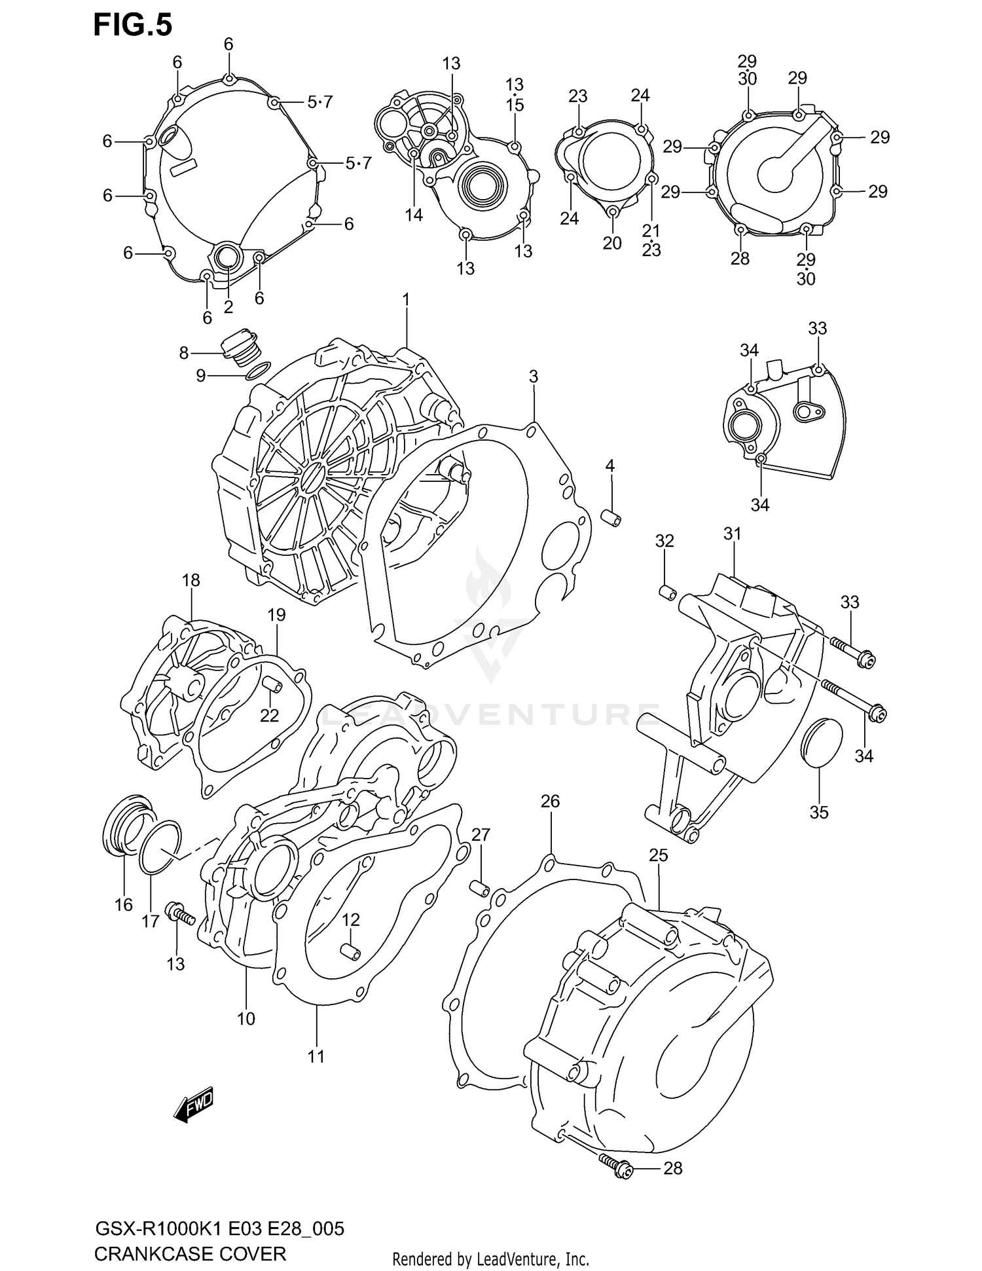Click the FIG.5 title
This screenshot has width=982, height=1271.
pyautogui.click(x=133, y=25)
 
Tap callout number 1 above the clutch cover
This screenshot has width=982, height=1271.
pyautogui.click(x=405, y=300)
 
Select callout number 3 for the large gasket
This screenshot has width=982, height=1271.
pyautogui.click(x=534, y=377)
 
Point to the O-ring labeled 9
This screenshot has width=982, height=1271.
pyautogui.click(x=257, y=371)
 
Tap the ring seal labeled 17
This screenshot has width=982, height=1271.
pyautogui.click(x=160, y=847)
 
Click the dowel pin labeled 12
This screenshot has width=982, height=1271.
pyautogui.click(x=350, y=951)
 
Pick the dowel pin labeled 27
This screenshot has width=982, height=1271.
pyautogui.click(x=480, y=889)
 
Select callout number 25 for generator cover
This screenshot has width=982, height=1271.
pyautogui.click(x=658, y=855)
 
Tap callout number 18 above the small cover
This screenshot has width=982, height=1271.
pyautogui.click(x=191, y=580)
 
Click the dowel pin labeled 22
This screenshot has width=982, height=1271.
pyautogui.click(x=272, y=685)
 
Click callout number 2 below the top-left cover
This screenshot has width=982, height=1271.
pyautogui.click(x=228, y=306)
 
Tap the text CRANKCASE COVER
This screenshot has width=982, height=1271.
pyautogui.click(x=190, y=1253)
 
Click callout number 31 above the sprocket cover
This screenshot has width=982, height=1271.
pyautogui.click(x=732, y=534)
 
